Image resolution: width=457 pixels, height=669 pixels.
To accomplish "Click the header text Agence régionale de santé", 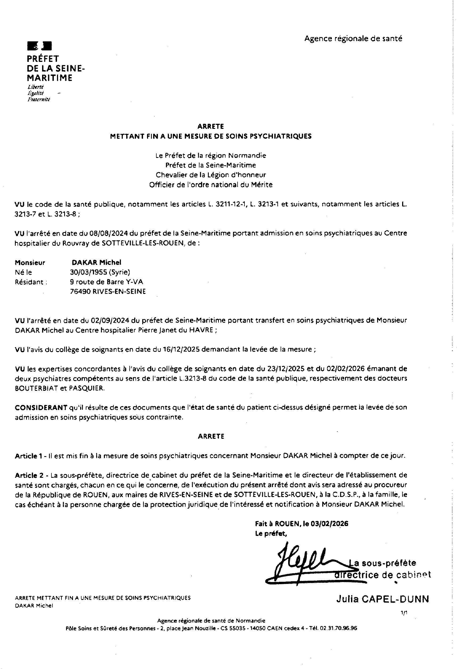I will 353,39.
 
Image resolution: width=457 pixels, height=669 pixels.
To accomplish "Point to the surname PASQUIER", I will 87,388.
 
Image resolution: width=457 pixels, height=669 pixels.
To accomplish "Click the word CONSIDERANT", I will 41,408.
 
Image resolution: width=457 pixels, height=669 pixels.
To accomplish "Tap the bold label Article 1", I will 30,456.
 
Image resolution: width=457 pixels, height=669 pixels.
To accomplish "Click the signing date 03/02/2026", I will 329,524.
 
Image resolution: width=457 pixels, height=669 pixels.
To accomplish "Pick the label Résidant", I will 31,282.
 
